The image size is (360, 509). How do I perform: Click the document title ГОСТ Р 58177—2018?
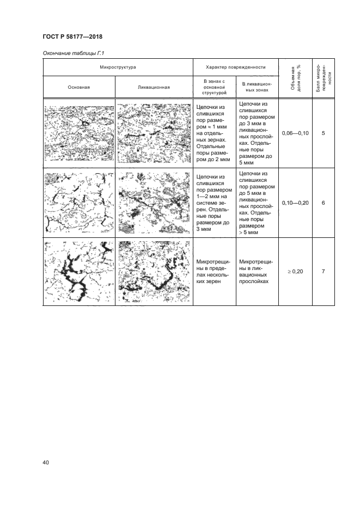72,36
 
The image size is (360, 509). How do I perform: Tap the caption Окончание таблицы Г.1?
74,53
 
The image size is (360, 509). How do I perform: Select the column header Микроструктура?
118,67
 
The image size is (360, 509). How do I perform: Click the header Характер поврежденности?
236,67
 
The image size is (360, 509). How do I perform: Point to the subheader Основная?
79,87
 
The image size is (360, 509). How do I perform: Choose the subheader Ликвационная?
154,87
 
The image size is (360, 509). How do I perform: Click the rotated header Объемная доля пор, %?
295,78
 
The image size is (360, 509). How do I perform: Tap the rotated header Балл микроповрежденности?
324,78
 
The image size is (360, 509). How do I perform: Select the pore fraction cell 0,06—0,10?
295,133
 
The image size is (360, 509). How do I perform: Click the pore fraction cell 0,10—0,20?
295,203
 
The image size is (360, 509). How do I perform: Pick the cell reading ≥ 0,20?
295,272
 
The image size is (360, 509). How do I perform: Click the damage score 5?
324,133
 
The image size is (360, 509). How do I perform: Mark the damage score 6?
324,203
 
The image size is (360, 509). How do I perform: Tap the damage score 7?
324,272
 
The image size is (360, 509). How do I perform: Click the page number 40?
46,462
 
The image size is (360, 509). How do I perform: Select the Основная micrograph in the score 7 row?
79,272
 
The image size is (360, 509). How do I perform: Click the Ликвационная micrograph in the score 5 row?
154,133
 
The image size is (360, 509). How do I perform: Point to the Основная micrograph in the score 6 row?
79,203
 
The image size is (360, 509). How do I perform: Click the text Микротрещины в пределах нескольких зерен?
213,272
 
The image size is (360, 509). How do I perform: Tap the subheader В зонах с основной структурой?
214,87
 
